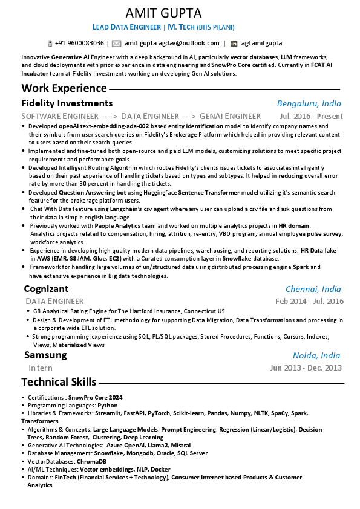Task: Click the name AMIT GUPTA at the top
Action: tap(163, 13)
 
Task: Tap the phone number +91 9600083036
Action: tap(79, 43)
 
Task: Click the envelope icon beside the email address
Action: tap(117, 43)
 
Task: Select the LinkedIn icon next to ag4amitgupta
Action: tap(233, 44)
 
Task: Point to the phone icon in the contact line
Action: tap(50, 44)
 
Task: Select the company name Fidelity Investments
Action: tap(67, 103)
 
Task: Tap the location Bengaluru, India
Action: tap(309, 103)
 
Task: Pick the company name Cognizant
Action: tap(46, 289)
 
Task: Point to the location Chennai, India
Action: tap(313, 289)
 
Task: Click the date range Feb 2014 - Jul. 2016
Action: tap(309, 301)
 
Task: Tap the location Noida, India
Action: tap(316, 355)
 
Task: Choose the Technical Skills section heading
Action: tap(59, 381)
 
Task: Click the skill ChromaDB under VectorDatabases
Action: tap(91, 461)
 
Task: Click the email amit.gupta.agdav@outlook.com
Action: tap(172, 43)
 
